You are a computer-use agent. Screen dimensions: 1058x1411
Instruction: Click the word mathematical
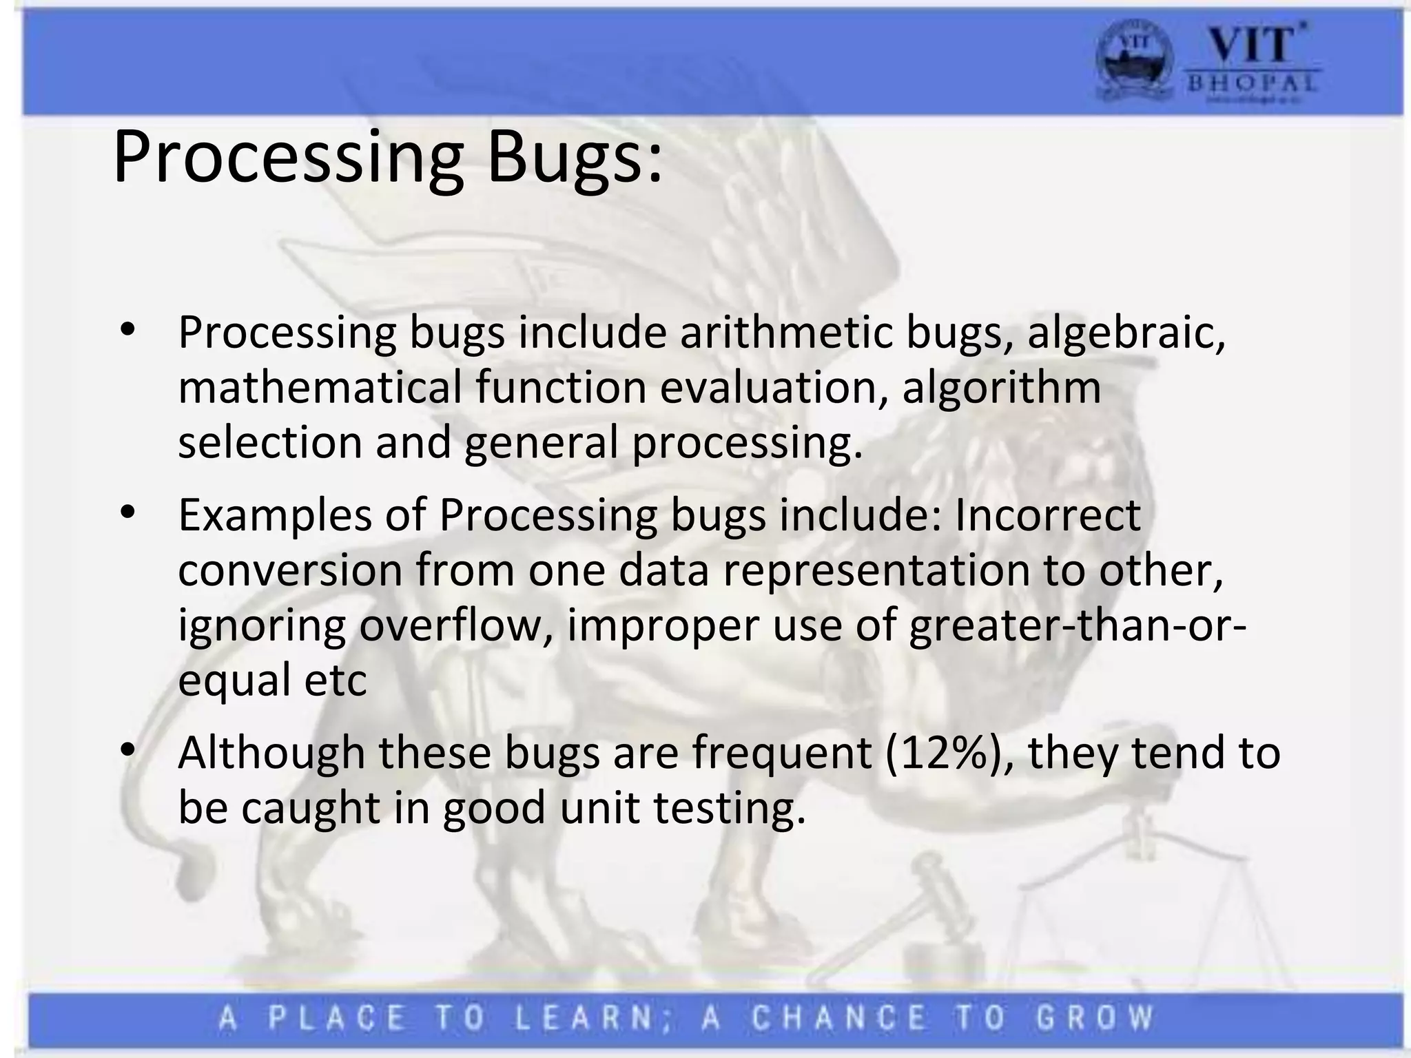[x=320, y=387]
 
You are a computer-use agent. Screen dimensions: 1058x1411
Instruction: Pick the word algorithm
[x=1002, y=388]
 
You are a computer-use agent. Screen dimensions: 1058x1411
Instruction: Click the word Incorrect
[x=1047, y=515]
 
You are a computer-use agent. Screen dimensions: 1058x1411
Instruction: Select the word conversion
[x=290, y=570]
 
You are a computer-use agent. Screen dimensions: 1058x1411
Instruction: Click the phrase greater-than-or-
[x=1078, y=625]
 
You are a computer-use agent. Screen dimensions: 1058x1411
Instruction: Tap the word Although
[x=271, y=752]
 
